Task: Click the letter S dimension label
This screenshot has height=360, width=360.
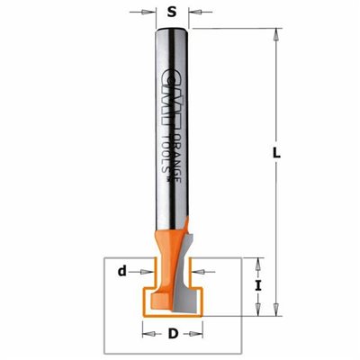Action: [x=172, y=13]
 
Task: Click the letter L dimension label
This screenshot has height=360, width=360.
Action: [x=276, y=154]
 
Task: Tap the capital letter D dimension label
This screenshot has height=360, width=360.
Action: [x=173, y=334]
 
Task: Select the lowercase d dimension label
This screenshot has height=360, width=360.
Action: [x=121, y=271]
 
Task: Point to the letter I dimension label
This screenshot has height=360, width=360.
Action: [x=258, y=286]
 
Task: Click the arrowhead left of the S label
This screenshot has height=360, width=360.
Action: [x=146, y=13]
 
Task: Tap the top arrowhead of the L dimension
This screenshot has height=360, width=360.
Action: [x=276, y=35]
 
